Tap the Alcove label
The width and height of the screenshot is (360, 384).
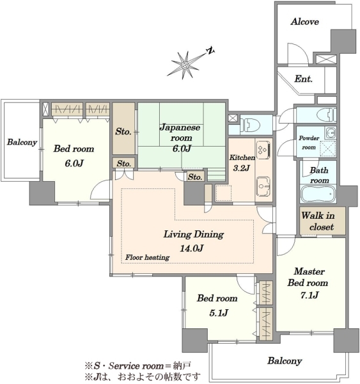pyautogui.click(x=305, y=22)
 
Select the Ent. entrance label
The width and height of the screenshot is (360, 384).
pyautogui.click(x=304, y=79)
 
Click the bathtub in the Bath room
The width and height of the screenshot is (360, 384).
pyautogui.click(x=318, y=194)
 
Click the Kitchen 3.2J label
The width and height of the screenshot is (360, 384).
pyautogui.click(x=242, y=163)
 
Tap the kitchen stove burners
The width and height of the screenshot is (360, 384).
pyautogui.click(x=263, y=150)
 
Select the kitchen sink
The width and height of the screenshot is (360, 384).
pyautogui.click(x=263, y=187)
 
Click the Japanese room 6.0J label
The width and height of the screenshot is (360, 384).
pyautogui.click(x=180, y=138)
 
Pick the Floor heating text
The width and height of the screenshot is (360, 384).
pyautogui.click(x=147, y=257)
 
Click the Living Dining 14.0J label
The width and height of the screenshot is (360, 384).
pyautogui.click(x=193, y=241)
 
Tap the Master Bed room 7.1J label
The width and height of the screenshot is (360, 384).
pyautogui.click(x=308, y=283)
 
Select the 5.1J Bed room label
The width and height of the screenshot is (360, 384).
pyautogui.click(x=217, y=305)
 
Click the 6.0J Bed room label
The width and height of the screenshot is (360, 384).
pyautogui.click(x=74, y=156)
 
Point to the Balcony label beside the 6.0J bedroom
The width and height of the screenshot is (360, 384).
pyautogui.click(x=22, y=142)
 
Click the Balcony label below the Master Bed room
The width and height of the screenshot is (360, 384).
pyautogui.click(x=285, y=361)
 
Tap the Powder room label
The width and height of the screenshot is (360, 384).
pyautogui.click(x=309, y=143)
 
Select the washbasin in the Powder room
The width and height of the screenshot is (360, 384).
pyautogui.click(x=330, y=132)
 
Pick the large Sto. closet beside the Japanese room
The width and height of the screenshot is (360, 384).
pyautogui.click(x=123, y=129)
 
